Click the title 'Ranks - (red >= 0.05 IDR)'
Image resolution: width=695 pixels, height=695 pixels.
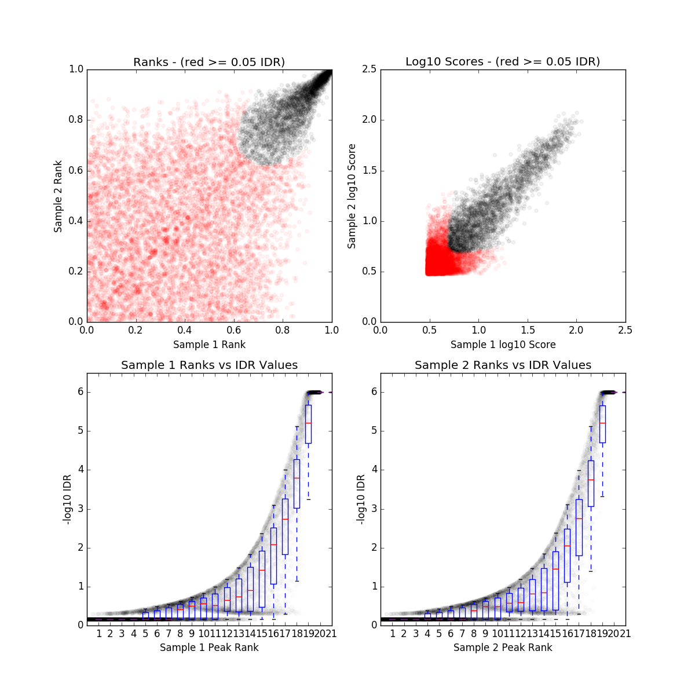click(209, 62)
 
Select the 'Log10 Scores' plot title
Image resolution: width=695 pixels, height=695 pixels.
click(503, 62)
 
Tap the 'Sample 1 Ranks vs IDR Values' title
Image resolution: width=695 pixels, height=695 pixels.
click(209, 365)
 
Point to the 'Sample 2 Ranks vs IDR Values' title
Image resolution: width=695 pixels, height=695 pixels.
click(503, 365)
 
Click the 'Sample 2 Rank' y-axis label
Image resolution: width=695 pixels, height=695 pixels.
click(58, 196)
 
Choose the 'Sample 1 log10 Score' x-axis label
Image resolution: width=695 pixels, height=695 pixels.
click(503, 345)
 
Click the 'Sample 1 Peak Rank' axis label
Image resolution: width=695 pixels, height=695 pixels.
click(209, 648)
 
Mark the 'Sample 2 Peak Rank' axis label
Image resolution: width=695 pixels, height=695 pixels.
click(503, 648)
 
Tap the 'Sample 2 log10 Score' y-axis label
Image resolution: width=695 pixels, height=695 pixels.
click(352, 196)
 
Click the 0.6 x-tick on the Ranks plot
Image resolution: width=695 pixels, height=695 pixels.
click(234, 330)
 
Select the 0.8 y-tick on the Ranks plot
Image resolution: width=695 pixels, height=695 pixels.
click(76, 120)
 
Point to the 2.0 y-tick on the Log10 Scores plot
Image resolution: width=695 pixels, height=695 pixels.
click(370, 120)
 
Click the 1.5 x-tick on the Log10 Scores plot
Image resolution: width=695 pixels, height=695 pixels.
click(528, 330)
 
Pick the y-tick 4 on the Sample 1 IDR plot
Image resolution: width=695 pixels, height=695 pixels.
click(79, 470)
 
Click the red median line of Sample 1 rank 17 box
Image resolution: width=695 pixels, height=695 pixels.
click(285, 519)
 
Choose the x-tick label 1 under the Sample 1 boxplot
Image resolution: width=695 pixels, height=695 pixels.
click(99, 634)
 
